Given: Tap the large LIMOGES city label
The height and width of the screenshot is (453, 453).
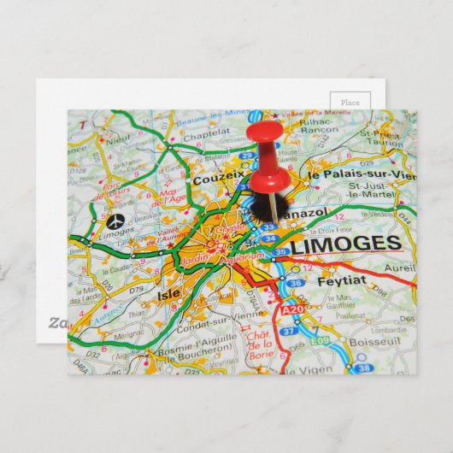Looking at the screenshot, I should [x=346, y=244].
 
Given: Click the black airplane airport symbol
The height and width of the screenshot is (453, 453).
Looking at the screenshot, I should [x=117, y=220].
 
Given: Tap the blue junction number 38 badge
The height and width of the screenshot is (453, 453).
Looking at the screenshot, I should [x=363, y=368].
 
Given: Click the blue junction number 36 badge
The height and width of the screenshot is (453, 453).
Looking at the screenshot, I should [x=295, y=283].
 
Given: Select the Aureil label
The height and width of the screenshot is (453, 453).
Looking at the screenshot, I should [x=403, y=268].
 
